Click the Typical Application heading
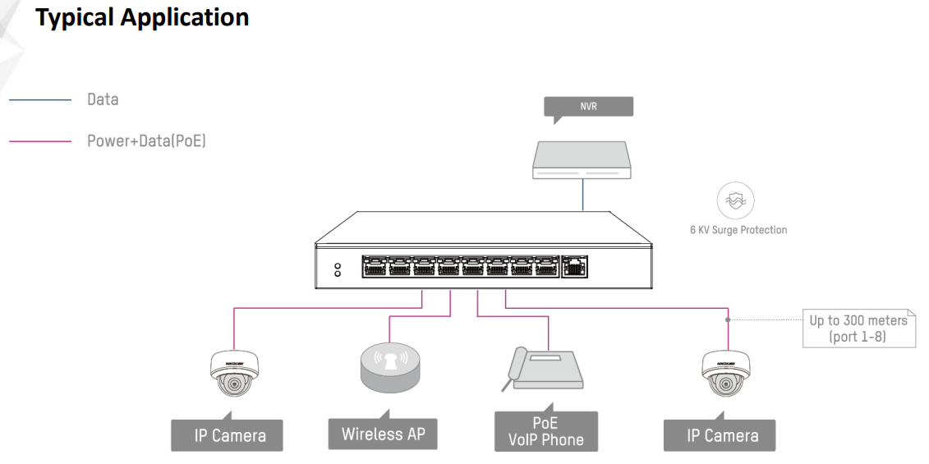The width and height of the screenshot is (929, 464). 142,17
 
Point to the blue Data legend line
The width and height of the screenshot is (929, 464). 41,100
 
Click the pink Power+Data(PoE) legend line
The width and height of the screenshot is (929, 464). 41,141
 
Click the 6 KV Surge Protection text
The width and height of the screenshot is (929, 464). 738,230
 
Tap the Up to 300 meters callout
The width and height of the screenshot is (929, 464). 858,328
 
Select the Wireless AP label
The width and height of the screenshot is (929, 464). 384,434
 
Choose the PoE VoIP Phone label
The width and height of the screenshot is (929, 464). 546,432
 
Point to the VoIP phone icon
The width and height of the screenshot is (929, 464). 543,370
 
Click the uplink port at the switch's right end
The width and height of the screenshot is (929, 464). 574,266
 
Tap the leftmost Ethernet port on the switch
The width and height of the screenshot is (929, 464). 375,266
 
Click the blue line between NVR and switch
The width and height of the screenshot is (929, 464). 584,195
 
